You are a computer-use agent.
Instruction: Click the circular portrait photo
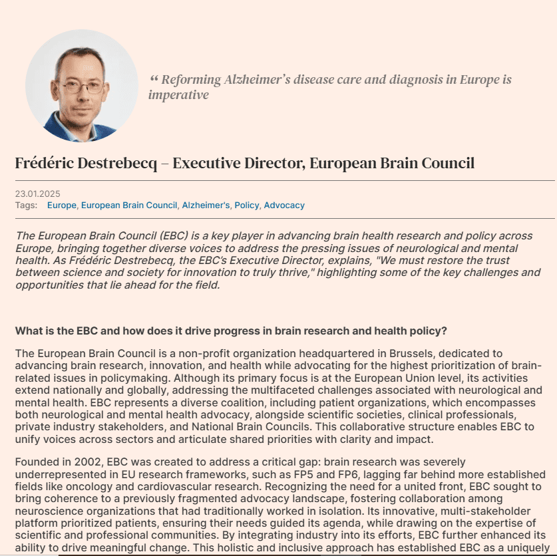pos(82,86)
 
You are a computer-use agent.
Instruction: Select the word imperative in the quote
pos(178,95)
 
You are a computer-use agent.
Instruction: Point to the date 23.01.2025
pos(37,194)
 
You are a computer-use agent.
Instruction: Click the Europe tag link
pos(61,206)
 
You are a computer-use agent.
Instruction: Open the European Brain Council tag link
pos(129,206)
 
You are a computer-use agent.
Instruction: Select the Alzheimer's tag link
pos(206,206)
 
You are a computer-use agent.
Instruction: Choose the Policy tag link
pos(247,206)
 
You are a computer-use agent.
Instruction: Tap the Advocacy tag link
pos(284,206)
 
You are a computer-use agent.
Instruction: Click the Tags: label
pos(26,206)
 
